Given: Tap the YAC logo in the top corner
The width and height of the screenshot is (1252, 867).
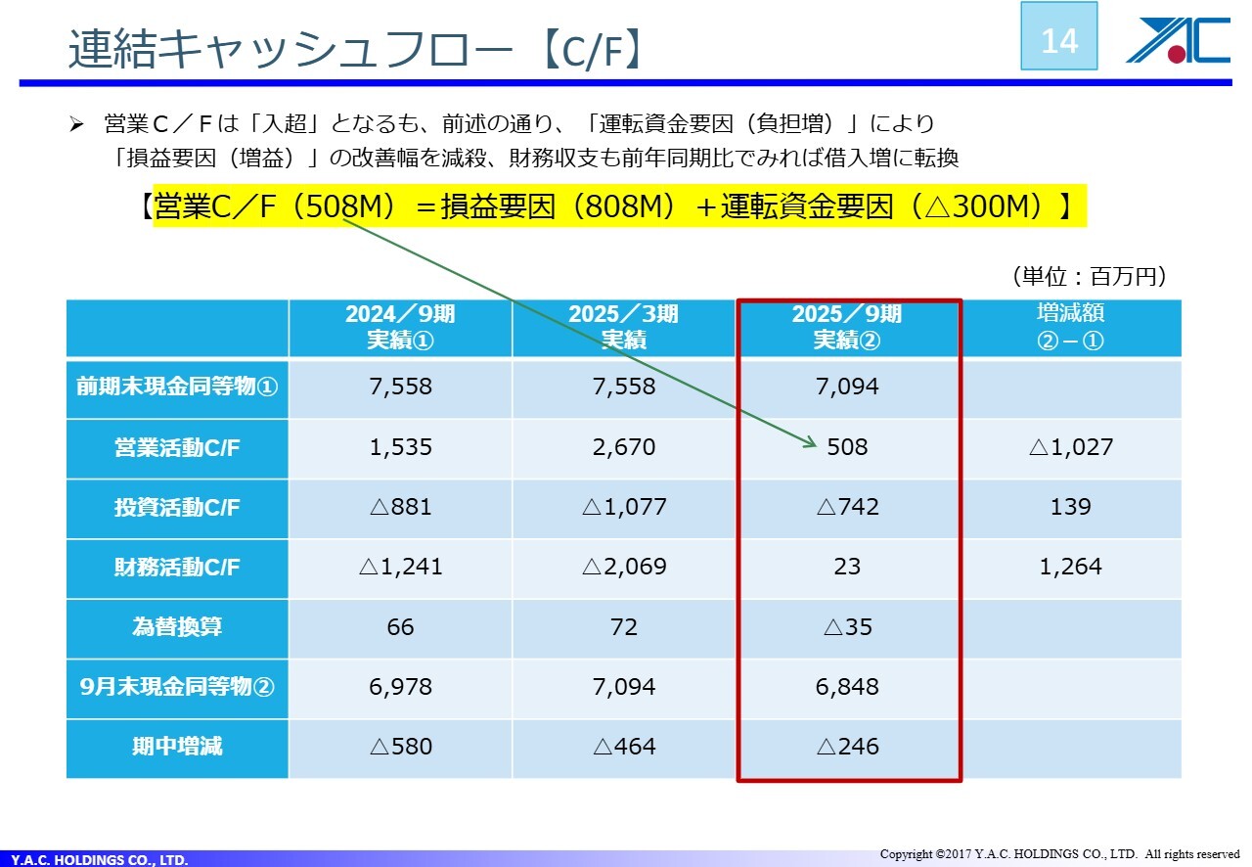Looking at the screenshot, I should pos(1177,41).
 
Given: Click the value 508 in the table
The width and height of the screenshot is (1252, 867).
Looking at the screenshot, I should pos(847,447).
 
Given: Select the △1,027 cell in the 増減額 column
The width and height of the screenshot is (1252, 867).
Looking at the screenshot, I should pos(1072,447).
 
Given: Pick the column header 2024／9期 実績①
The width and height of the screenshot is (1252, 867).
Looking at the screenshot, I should pos(400,327).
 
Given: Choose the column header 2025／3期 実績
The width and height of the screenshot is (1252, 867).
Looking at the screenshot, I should pos(623,327).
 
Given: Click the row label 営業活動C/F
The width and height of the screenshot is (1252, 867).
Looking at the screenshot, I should pos(177,448).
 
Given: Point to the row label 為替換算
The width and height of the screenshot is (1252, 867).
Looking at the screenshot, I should pos(177,627).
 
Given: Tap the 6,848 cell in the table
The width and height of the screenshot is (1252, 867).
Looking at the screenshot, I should pos(847,687).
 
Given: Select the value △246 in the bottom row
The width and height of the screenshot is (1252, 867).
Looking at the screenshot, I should pos(847,747).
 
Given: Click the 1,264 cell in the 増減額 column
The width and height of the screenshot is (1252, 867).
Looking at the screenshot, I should pos(1072,567).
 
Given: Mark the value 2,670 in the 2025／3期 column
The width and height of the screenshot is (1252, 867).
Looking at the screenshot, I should pos(623,447).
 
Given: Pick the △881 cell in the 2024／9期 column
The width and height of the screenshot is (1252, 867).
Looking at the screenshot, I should pos(400,507).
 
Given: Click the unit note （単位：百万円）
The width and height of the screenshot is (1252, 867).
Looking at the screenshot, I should pos(1088,277).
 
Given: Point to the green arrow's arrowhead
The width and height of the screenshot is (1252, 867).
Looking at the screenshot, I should pos(811,445).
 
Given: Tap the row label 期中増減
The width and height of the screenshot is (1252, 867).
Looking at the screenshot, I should pos(177,747).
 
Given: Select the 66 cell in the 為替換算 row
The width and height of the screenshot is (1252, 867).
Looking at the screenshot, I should pos(400,626).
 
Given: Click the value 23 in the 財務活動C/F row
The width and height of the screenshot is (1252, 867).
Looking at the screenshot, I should pos(847,567).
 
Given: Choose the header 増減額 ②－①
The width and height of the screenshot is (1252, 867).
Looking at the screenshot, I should pos(1072,327).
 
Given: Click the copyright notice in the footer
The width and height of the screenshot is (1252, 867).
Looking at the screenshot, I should pos(1059,854).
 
